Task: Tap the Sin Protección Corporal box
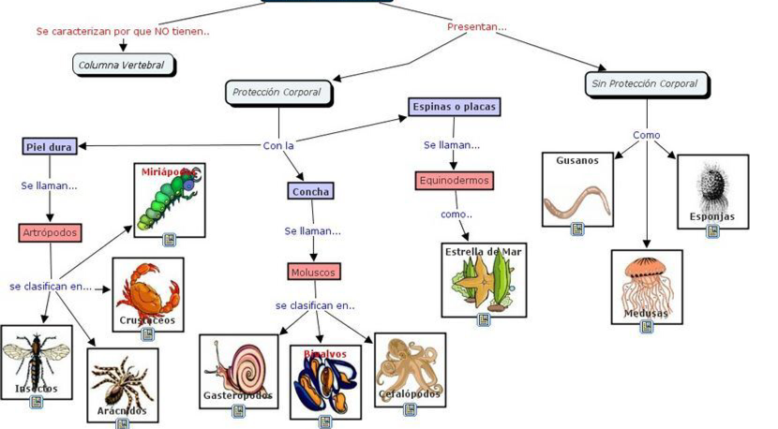point(645,83)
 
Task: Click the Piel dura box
point(50,145)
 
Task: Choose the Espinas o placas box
point(455,107)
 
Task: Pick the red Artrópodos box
point(51,232)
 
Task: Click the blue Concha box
point(311,191)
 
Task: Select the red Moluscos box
point(313,272)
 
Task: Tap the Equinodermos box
point(454,180)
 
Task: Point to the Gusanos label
point(577,160)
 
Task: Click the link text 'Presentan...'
point(476,27)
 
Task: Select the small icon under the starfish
point(484,319)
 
